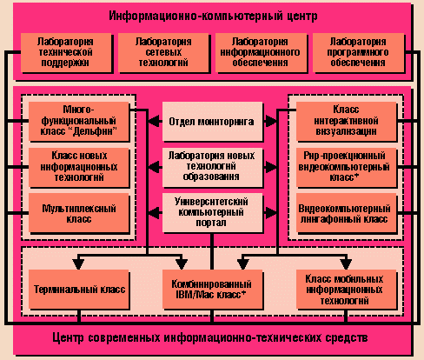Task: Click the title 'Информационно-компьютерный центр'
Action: pos(213,16)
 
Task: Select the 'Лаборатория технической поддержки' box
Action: pos(66,52)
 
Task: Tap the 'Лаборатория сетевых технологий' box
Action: pos(163,52)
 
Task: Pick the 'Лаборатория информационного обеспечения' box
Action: pos(261,52)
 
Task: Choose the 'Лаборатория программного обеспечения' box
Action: pos(358,52)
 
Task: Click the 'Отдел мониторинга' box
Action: pos(212,121)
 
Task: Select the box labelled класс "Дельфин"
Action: pos(78,121)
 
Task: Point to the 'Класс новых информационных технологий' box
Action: pos(78,167)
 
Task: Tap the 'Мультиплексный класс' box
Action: pos(78,213)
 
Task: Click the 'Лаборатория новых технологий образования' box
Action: pos(212,167)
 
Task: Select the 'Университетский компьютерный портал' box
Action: pos(212,213)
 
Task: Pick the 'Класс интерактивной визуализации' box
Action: pos(346,121)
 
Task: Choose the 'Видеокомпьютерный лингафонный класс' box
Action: pos(346,213)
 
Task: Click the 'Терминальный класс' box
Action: pos(78,289)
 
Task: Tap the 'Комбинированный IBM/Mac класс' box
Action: pos(212,289)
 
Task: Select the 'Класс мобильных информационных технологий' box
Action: pos(346,289)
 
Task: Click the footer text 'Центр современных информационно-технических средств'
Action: pos(210,338)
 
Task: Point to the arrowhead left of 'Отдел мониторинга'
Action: pos(155,121)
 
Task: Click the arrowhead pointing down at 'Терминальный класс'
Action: pos(78,264)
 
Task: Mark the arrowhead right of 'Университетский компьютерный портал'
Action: pos(270,213)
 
